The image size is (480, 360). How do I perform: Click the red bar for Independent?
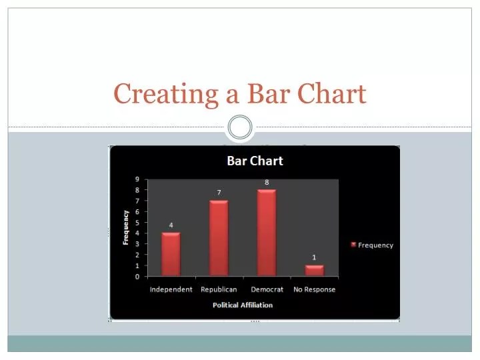171,253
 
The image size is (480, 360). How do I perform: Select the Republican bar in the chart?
219,237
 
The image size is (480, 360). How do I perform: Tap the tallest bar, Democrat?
267,232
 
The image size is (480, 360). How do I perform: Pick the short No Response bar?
315,270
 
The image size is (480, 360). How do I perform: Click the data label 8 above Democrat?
267,182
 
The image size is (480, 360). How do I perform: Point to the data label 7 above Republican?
219,193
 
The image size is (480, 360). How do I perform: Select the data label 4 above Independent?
171,225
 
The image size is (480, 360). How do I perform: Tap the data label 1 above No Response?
315,257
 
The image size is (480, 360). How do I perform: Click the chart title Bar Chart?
255,161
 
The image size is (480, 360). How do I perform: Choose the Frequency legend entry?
372,245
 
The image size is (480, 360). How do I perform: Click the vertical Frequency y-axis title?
126,227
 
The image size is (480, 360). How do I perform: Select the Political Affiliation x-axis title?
243,305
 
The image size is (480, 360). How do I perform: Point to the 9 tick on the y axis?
137,179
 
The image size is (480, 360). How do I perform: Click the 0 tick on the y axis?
137,276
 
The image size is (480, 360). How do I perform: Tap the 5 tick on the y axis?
137,223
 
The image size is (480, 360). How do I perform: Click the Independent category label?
171,289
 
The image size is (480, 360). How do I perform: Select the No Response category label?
315,289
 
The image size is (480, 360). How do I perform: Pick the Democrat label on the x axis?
267,289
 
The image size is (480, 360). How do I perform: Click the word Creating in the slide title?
167,94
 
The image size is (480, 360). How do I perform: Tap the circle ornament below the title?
240,127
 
